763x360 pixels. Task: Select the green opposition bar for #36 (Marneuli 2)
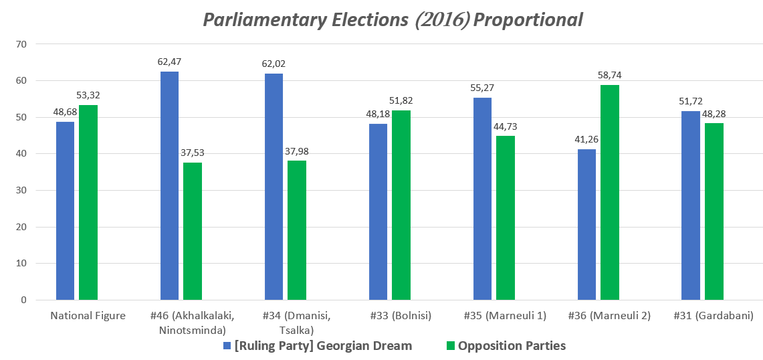point(609,193)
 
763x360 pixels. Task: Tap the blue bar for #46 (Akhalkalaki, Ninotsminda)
point(170,185)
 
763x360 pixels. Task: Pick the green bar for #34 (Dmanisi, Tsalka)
point(297,230)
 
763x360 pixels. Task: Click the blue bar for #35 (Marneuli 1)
point(482,199)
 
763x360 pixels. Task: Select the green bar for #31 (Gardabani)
point(714,211)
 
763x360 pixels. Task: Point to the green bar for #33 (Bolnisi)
point(401,205)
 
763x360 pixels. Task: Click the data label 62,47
point(170,62)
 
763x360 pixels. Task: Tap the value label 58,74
point(609,75)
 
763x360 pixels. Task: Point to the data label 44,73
point(506,126)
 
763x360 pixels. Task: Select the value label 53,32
point(88,95)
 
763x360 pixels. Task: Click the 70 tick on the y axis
point(21,44)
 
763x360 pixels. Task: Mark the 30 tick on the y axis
point(21,190)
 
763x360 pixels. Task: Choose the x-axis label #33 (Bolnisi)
point(401,316)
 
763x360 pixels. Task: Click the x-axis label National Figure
point(88,316)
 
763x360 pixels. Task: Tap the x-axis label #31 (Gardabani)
point(715,316)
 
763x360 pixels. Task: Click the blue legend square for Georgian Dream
point(227,346)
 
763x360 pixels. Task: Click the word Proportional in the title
point(528,20)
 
